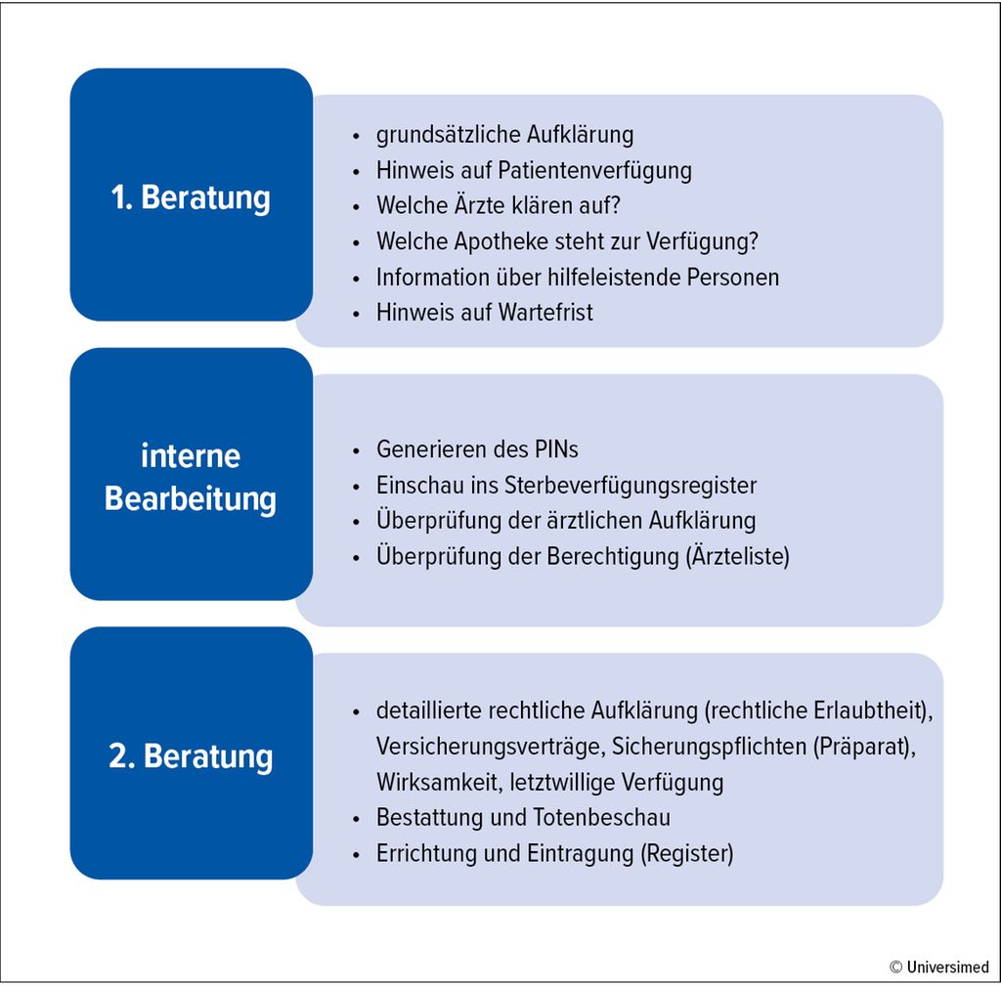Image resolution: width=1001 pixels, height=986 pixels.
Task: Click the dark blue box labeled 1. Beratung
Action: point(191,194)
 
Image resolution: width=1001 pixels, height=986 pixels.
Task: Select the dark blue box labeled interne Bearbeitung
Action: point(191,474)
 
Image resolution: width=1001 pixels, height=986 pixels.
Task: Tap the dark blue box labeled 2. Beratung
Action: point(191,753)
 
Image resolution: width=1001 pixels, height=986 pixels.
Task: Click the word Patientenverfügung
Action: point(594,171)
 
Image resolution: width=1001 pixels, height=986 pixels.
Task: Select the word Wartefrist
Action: point(545,313)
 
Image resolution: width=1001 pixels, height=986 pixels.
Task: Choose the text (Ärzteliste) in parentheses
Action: point(737,556)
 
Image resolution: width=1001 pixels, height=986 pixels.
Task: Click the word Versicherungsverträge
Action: point(491,747)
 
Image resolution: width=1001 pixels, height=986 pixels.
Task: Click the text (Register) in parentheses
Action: point(687,854)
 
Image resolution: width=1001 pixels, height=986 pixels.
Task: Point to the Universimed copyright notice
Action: point(939,966)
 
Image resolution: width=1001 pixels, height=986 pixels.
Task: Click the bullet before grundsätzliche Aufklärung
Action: point(356,136)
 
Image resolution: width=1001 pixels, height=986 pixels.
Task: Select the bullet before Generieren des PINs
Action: point(356,450)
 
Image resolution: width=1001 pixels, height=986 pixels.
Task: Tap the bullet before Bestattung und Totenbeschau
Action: point(356,819)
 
